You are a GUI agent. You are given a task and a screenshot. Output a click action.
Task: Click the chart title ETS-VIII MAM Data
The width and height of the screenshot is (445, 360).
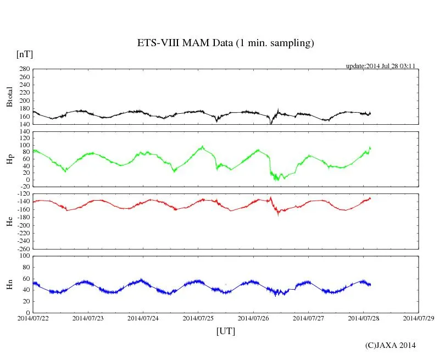pyautogui.click(x=225, y=43)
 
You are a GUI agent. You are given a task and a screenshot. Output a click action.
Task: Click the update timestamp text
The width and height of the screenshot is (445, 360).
pyautogui.click(x=380, y=66)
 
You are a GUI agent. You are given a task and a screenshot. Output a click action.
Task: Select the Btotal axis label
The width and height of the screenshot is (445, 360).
pyautogui.click(x=9, y=97)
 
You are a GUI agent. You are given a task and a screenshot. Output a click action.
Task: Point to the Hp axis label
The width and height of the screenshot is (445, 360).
pyautogui.click(x=9, y=159)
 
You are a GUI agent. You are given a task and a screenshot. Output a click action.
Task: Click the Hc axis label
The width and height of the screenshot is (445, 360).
pyautogui.click(x=9, y=221)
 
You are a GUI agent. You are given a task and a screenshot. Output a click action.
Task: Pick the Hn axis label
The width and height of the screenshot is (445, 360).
pyautogui.click(x=9, y=284)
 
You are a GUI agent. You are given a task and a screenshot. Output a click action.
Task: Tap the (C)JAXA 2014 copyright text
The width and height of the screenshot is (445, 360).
pyautogui.click(x=391, y=345)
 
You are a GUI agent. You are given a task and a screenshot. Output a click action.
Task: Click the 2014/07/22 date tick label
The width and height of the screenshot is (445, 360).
pyautogui.click(x=33, y=318)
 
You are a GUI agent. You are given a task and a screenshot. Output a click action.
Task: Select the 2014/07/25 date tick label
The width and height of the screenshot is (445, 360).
pyautogui.click(x=198, y=318)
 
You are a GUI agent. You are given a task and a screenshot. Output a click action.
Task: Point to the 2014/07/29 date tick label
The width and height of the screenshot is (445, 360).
pyautogui.click(x=419, y=318)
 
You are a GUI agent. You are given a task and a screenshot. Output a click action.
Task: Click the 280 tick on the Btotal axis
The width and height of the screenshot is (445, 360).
pyautogui.click(x=24, y=70)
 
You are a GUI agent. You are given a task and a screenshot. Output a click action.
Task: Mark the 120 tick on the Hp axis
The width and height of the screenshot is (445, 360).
pyautogui.click(x=24, y=132)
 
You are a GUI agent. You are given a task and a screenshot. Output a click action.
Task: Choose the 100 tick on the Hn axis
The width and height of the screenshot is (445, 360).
pyautogui.click(x=24, y=256)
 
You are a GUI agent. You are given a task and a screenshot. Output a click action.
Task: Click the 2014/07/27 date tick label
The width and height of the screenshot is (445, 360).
pyautogui.click(x=308, y=318)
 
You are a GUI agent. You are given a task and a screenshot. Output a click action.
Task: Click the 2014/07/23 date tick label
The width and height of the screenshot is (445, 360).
pyautogui.click(x=88, y=318)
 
